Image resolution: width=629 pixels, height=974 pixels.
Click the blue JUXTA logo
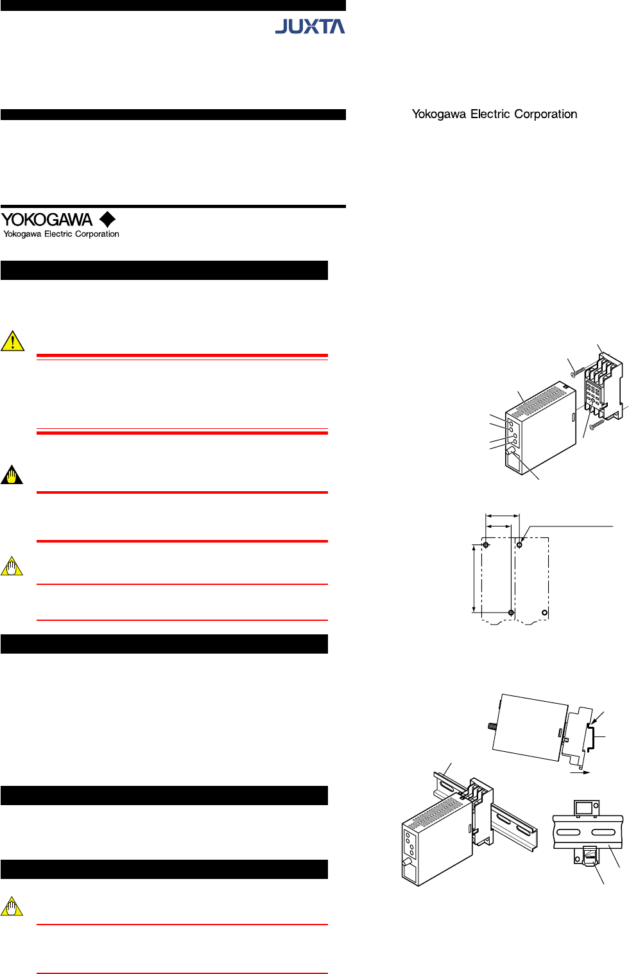coord(310,26)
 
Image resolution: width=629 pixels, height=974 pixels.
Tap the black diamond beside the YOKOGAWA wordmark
coord(107,220)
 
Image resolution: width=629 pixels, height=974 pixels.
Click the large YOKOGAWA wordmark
coord(47,220)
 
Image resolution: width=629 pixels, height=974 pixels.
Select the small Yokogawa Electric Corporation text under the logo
coord(61,234)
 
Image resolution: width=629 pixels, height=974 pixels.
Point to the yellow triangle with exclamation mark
coord(13,341)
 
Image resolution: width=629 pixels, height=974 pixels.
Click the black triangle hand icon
coord(12,475)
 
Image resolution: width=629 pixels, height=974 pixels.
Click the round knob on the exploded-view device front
coord(510,451)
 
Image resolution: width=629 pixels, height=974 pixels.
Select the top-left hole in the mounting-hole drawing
coord(486,545)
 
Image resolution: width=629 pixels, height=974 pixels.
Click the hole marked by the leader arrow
coord(519,545)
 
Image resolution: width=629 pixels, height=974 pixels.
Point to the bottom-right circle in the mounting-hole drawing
coord(545,613)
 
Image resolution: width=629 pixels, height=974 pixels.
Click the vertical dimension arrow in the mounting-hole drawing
coord(474,578)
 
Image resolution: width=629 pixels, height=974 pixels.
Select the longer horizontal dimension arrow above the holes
coord(502,516)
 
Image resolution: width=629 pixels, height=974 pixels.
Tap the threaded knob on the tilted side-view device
coord(492,726)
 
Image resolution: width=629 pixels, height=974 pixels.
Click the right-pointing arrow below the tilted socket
coord(580,772)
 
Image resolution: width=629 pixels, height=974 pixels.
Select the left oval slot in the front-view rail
coord(569,832)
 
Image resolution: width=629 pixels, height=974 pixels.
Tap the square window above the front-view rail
coord(583,808)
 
